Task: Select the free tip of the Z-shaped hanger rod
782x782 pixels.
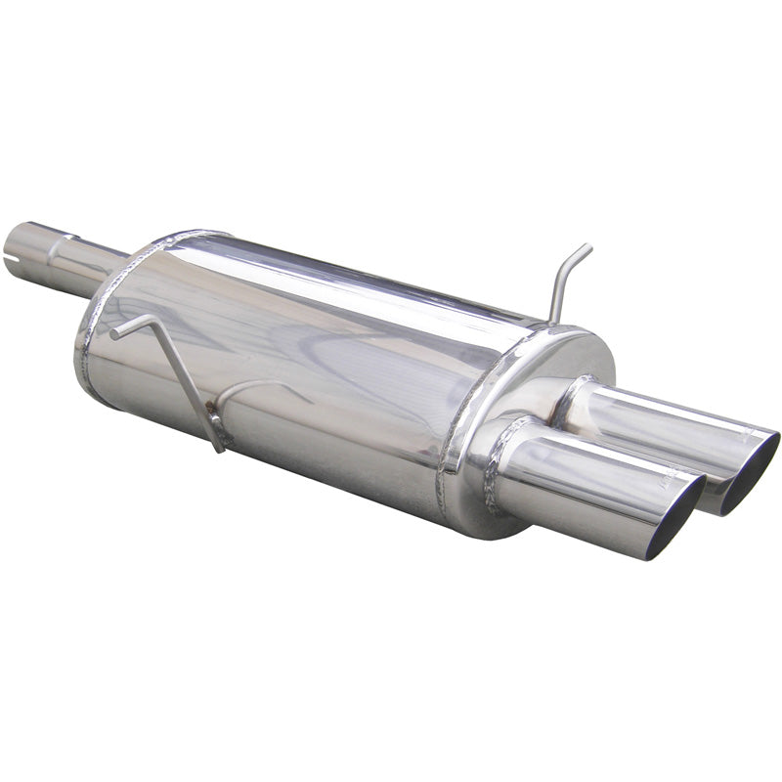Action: coord(113,334)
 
